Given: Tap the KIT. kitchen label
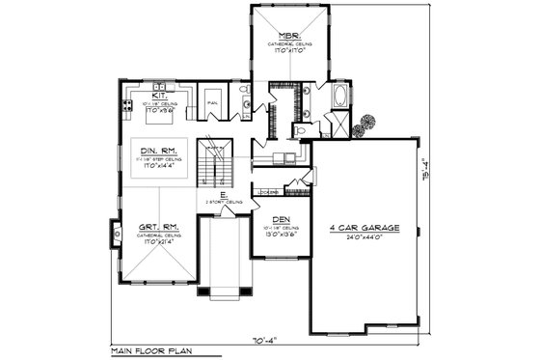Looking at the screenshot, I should [x=159, y=96].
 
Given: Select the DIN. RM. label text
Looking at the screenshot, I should [x=158, y=151].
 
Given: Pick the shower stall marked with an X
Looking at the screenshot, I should [x=337, y=124].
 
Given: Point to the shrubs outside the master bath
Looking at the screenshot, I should [x=365, y=125].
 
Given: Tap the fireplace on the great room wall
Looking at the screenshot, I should [x=116, y=233].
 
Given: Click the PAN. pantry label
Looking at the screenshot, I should [x=212, y=99].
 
